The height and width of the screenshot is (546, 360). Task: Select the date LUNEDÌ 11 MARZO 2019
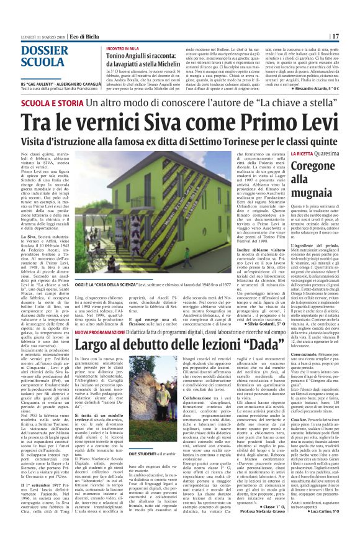tap(35, 36)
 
